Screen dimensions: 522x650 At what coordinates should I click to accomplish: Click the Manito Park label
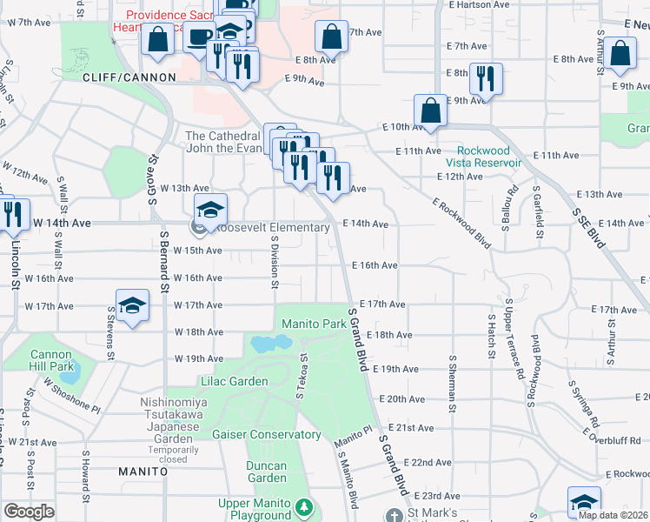(x=314, y=324)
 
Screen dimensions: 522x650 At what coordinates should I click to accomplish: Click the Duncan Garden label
(x=266, y=472)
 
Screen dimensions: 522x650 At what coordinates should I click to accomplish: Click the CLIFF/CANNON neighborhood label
(x=129, y=77)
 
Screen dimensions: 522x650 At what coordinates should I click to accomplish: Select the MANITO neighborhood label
(x=143, y=471)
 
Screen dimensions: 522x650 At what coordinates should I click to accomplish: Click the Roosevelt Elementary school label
(x=272, y=228)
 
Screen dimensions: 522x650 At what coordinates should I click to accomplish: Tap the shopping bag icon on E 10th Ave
(x=431, y=110)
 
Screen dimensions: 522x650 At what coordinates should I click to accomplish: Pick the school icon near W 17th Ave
(x=132, y=305)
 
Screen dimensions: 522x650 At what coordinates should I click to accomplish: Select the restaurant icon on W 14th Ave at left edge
(x=12, y=215)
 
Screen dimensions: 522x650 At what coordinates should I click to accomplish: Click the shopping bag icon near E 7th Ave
(x=331, y=37)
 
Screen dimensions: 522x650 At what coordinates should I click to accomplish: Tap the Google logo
(x=29, y=512)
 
